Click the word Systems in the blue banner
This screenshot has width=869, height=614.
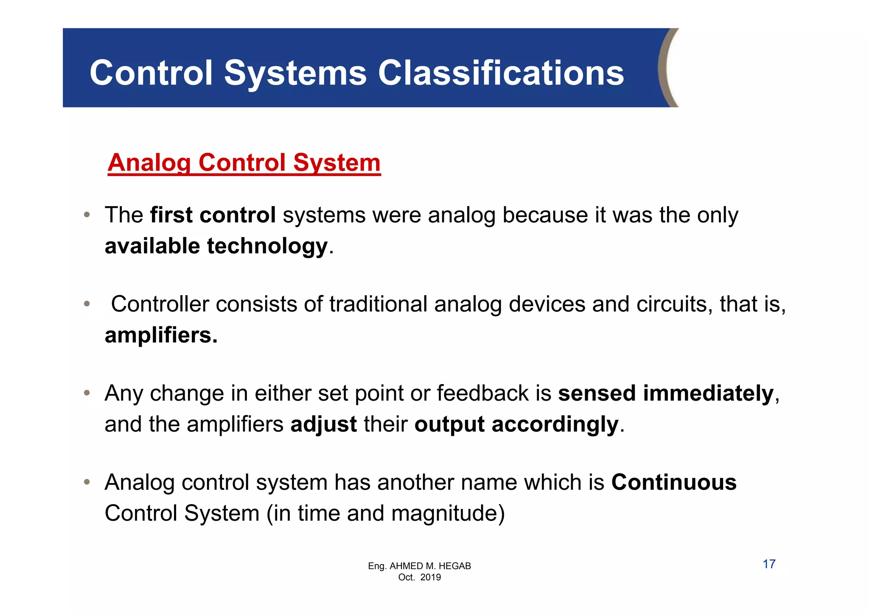coord(295,73)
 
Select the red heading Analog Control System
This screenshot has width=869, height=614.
coord(244,163)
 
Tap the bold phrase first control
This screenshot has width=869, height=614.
coord(213,215)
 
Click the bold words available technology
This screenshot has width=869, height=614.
coord(216,246)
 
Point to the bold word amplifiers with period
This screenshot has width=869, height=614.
coord(161,335)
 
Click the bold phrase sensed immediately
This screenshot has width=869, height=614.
coord(666,394)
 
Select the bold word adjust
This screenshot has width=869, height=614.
coord(323,424)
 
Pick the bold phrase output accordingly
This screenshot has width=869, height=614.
coord(516,424)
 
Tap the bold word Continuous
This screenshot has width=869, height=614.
coord(674,483)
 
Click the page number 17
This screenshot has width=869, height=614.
coord(769,564)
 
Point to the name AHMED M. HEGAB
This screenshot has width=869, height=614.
coord(430,566)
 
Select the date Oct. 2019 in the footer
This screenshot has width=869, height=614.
coord(419,578)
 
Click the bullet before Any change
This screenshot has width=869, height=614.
coord(87,393)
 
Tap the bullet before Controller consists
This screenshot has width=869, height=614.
coord(87,304)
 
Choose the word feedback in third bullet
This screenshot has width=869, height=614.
coord(482,394)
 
